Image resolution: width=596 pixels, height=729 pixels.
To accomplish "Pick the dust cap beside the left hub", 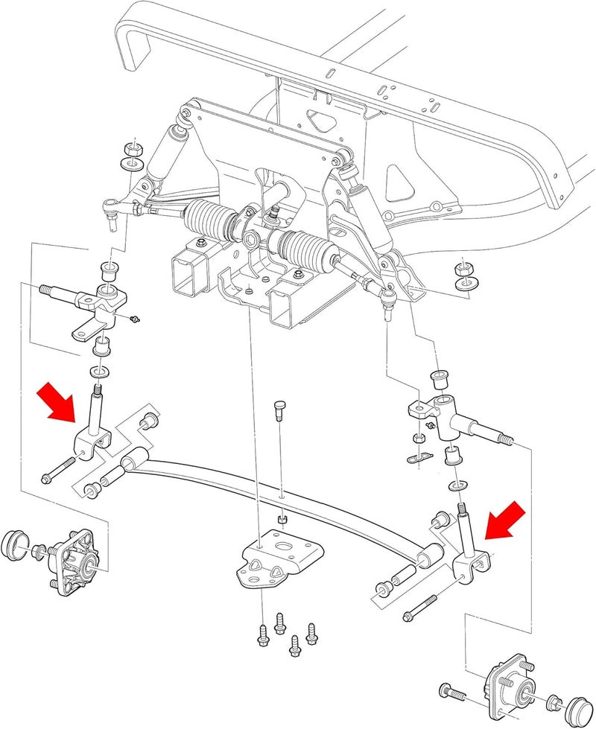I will pos(17,545).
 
